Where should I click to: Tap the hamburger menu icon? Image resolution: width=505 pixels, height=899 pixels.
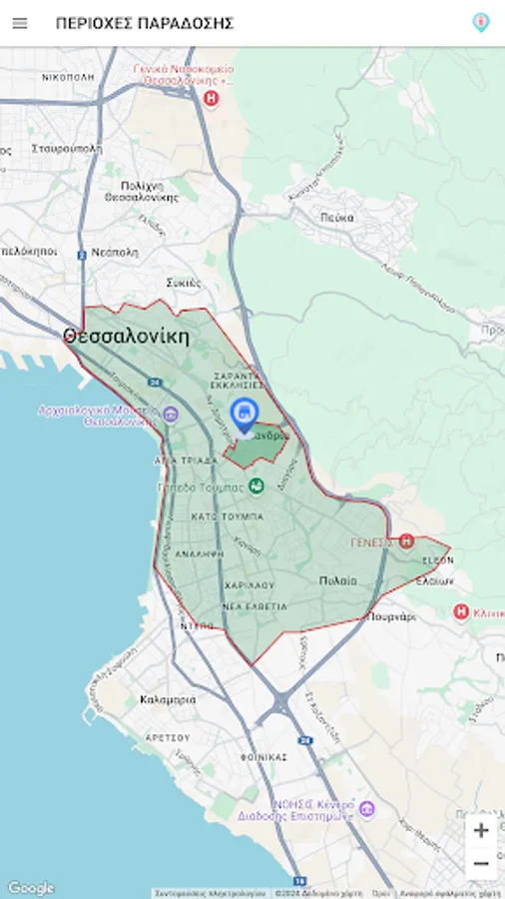pos(20,23)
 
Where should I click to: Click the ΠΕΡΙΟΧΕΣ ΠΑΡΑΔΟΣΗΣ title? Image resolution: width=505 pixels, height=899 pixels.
pos(145,23)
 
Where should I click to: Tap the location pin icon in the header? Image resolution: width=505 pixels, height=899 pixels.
pos(481,22)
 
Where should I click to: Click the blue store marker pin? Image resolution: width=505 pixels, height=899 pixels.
pos(244,414)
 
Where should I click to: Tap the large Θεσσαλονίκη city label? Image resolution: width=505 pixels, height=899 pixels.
pos(126,336)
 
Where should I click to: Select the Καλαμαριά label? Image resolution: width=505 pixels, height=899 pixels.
pos(168,699)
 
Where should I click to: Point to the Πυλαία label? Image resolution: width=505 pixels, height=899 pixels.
pos(338,580)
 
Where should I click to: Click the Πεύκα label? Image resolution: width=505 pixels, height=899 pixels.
pos(338,217)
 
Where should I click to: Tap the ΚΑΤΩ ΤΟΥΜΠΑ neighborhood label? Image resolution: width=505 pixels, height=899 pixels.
pos(228,516)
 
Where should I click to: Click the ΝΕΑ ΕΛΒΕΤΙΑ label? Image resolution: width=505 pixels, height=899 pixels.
pos(254,606)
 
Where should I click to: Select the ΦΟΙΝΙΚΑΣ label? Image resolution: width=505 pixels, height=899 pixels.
pos(263,757)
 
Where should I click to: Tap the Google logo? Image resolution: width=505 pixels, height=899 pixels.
pos(31,888)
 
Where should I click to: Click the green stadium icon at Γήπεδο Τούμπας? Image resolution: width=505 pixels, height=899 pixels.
pos(256,486)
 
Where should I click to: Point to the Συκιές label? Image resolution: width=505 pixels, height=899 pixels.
pos(185,282)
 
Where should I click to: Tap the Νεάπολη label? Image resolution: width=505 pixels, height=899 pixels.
pos(114,253)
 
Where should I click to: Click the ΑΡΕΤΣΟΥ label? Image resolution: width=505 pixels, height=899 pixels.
pos(168,736)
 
